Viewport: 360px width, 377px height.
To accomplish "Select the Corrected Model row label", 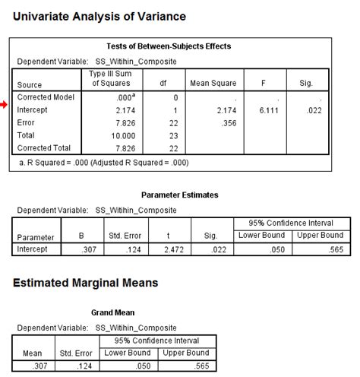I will click(44, 98).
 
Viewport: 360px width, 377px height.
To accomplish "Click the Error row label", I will click(27, 123).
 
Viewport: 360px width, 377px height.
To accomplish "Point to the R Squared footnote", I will click(104, 163).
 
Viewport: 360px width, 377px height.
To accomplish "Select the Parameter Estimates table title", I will click(179, 195).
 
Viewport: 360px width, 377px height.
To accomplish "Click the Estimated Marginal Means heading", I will click(86, 283).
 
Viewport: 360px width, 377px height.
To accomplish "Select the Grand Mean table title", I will click(113, 312).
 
